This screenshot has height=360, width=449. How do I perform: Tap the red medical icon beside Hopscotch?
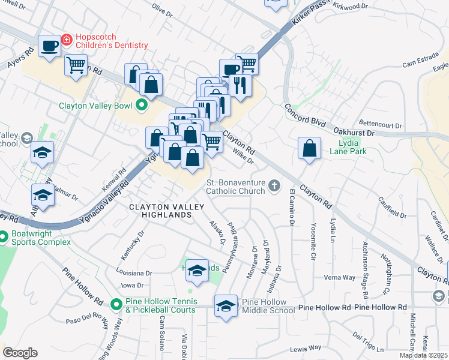[x=67, y=41]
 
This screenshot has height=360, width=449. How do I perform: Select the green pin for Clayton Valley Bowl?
[x=142, y=106]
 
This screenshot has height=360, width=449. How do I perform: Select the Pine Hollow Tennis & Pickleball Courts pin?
[x=117, y=305]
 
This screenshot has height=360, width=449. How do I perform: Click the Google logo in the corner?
[x=20, y=353]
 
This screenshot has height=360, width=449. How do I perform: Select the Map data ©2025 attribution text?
[x=423, y=355]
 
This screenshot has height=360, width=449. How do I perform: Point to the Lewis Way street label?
[x=306, y=349]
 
